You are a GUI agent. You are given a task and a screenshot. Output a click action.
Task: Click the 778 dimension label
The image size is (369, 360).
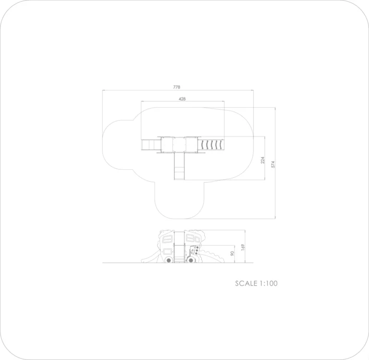click(x=176, y=87)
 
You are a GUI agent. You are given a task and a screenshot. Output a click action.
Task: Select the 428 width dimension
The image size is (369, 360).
click(x=182, y=99)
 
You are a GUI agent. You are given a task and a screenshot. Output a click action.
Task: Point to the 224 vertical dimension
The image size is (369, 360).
click(x=263, y=160)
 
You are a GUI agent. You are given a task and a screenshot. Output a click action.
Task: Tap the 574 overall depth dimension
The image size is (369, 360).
click(x=273, y=164)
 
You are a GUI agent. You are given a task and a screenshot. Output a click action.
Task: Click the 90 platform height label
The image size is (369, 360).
click(x=233, y=254)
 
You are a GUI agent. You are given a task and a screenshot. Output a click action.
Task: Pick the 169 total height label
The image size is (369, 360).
click(x=243, y=247)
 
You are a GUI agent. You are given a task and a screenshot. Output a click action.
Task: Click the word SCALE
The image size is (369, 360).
click(x=246, y=283)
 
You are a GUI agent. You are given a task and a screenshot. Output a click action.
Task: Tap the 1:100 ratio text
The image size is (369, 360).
click(x=269, y=283)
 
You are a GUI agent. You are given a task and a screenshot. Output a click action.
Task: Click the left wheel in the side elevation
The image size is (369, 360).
click(x=169, y=260)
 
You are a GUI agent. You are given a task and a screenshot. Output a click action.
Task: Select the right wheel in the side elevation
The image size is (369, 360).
click(x=191, y=260)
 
